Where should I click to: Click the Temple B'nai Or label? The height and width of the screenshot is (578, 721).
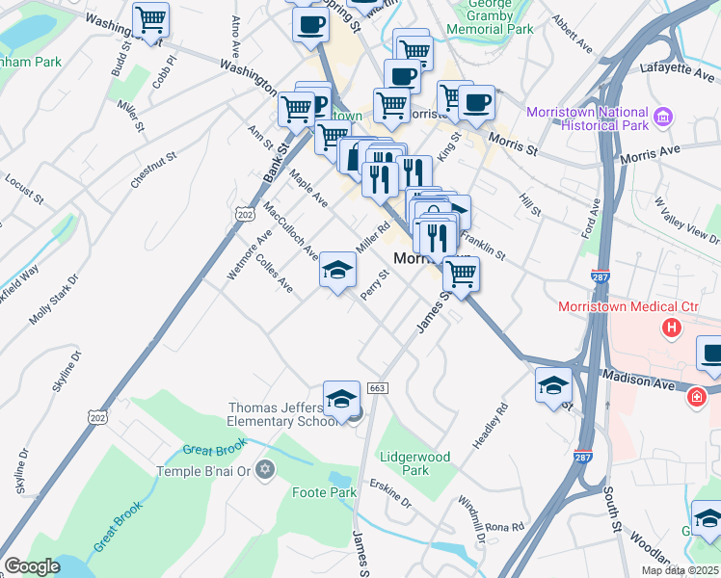(203, 471)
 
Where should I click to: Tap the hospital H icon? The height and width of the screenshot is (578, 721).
(672, 328)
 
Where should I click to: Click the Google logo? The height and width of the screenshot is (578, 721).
(31, 566)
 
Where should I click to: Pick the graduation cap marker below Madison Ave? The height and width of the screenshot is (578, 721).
(553, 386)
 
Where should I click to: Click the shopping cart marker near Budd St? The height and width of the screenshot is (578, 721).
(150, 20)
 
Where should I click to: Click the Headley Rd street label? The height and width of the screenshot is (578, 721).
(490, 424)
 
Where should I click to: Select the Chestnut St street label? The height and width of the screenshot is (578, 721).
(153, 170)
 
